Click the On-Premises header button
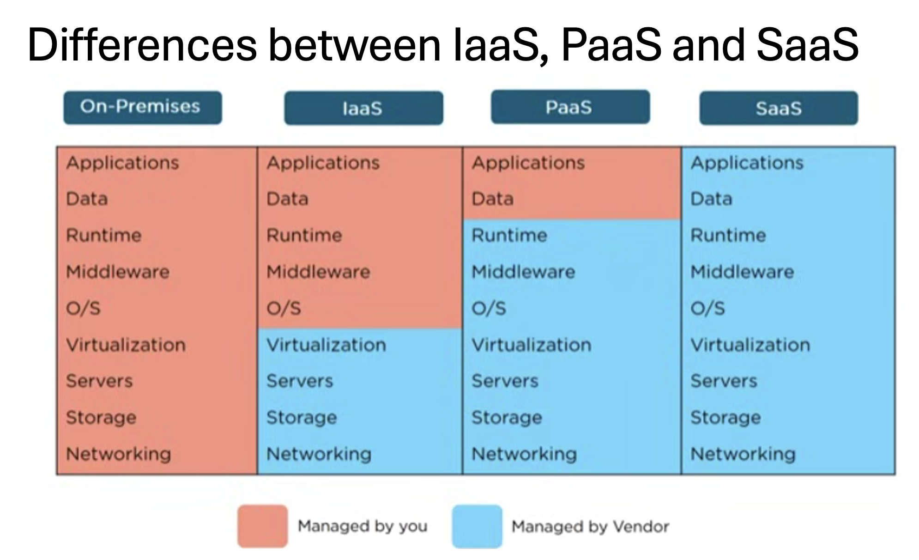(x=142, y=107)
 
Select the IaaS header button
(x=363, y=108)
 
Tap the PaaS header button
(x=570, y=107)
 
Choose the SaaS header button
(x=779, y=108)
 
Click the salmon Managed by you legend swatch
(x=262, y=526)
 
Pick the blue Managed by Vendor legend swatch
(x=477, y=526)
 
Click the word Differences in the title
(x=142, y=45)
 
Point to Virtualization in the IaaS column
(x=326, y=345)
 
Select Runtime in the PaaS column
(x=509, y=235)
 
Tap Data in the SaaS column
(x=711, y=199)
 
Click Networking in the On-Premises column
(x=118, y=454)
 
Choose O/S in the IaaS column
(x=284, y=308)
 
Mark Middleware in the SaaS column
(x=742, y=272)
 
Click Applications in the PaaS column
(x=528, y=163)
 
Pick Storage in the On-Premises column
(x=101, y=417)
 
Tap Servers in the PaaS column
(x=505, y=381)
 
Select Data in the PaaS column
(x=492, y=199)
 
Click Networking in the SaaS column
(x=743, y=454)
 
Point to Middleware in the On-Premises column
(x=118, y=272)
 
